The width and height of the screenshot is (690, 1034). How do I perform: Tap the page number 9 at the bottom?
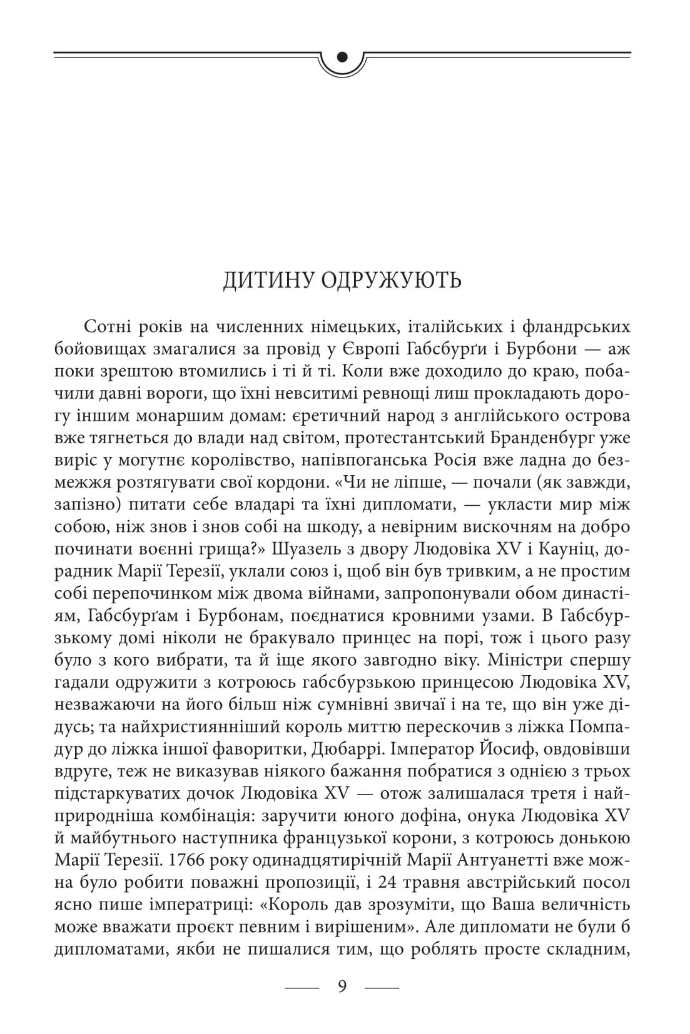coord(342,986)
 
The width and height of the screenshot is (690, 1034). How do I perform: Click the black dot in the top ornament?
coord(342,57)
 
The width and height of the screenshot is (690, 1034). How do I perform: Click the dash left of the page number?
coord(302,987)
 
